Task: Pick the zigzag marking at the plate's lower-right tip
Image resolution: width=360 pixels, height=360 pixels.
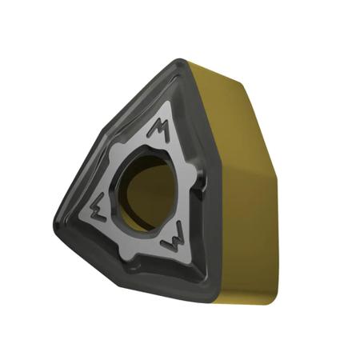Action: point(171,238)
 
